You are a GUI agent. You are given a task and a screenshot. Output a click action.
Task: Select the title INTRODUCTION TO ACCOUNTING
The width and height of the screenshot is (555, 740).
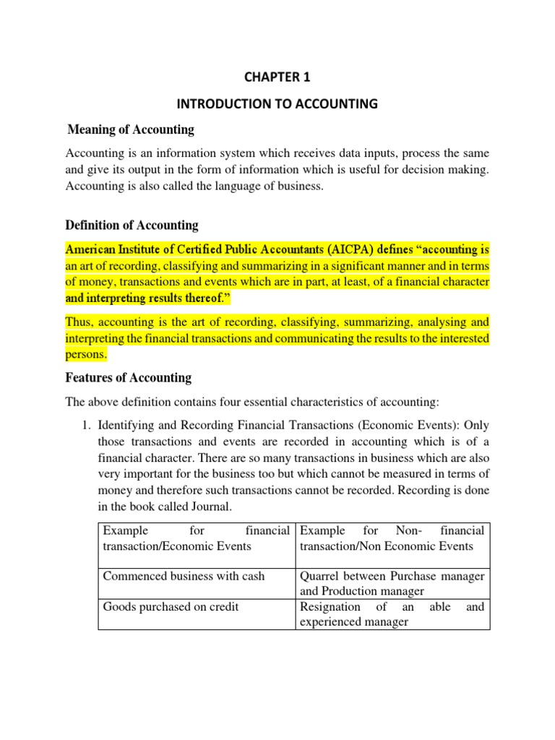point(277,104)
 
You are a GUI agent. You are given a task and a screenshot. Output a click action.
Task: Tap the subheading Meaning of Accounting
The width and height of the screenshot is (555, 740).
point(130,130)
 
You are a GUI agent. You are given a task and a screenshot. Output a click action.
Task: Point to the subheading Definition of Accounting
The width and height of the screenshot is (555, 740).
point(132,225)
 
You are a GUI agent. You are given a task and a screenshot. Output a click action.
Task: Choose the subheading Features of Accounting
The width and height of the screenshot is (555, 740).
point(128,377)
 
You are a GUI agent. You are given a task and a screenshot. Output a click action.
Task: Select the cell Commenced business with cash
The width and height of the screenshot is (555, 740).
point(184,576)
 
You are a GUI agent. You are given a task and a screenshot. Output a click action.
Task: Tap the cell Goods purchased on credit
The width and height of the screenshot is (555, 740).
point(171,607)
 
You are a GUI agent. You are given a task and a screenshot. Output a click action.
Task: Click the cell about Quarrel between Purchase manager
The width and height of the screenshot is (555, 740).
point(392,583)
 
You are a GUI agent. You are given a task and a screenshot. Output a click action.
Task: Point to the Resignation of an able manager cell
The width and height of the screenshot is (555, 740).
point(392,614)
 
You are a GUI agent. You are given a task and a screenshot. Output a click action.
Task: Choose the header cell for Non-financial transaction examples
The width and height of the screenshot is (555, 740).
point(392,538)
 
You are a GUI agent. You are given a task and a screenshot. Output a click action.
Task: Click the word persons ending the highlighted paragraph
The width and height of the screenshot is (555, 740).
point(86,355)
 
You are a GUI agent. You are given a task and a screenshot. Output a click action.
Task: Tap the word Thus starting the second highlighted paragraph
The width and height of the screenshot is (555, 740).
point(79,322)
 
